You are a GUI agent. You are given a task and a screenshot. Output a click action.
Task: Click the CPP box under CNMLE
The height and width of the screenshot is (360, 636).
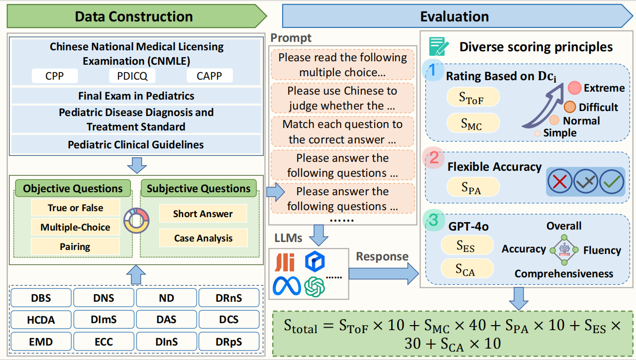[x=55, y=76]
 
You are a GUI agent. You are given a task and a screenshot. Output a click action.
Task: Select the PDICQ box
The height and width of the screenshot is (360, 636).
[x=132, y=76]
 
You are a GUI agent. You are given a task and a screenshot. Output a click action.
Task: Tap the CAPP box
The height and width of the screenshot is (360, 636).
[x=210, y=76]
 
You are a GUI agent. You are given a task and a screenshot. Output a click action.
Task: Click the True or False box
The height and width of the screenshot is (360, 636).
[x=75, y=208]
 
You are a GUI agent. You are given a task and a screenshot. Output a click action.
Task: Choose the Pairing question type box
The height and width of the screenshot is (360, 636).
[x=75, y=246]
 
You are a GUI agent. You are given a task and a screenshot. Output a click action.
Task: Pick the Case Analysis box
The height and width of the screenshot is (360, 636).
[x=203, y=239]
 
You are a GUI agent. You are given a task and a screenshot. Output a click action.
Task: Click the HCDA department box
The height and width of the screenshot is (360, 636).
[x=41, y=320]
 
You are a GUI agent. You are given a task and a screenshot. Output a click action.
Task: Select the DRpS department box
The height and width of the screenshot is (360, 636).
[x=229, y=342]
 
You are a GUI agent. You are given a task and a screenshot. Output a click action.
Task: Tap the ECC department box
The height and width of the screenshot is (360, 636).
[x=104, y=342]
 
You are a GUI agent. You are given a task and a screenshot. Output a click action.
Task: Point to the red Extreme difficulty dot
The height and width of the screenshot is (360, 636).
[x=575, y=88]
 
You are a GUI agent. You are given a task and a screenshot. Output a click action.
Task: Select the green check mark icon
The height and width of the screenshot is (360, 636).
[x=611, y=182]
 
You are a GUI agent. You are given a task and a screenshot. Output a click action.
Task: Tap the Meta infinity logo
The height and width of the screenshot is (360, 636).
[x=287, y=285]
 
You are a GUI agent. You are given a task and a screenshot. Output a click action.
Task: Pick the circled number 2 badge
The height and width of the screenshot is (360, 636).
[x=434, y=158]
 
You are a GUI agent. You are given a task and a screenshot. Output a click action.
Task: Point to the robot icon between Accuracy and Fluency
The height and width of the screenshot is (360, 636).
[x=564, y=249]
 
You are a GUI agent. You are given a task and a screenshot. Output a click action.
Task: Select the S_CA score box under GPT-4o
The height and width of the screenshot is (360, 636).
[x=466, y=269]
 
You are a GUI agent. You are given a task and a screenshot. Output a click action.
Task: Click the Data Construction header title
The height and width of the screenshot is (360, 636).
[x=134, y=16]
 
